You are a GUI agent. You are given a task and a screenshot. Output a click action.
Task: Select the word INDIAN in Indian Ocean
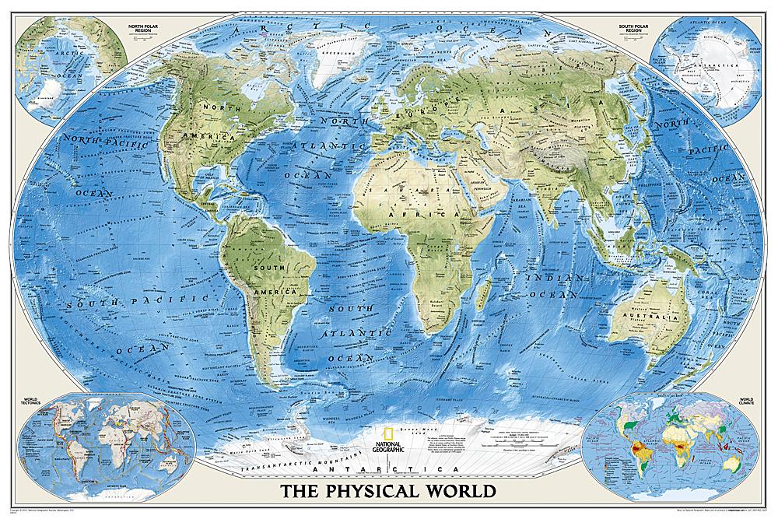coord(546,279)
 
